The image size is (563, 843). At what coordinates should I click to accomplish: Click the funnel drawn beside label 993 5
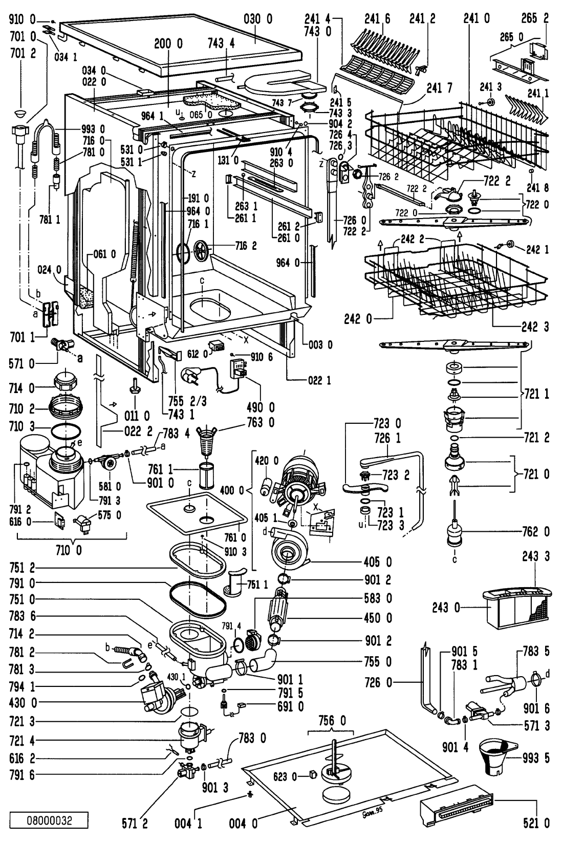coord(497,760)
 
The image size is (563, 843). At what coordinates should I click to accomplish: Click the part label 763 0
coord(262,423)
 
